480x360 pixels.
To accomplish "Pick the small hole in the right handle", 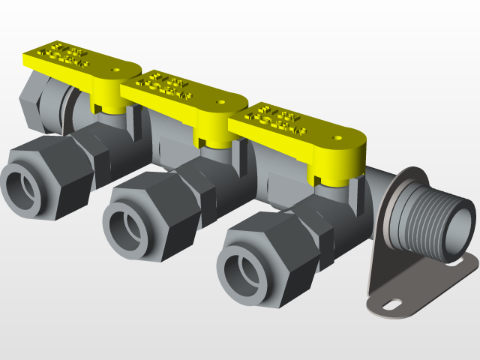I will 337,138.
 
